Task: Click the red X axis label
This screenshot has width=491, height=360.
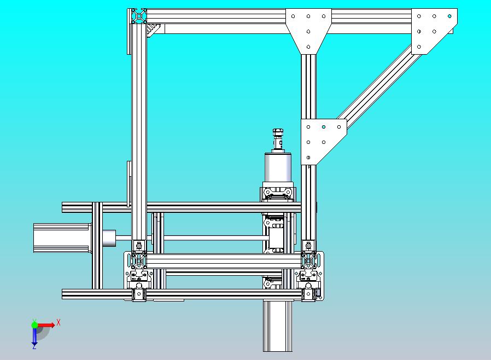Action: click(x=59, y=322)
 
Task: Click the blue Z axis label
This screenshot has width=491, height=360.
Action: click(x=34, y=346)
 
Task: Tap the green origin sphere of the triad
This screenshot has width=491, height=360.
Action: click(x=34, y=325)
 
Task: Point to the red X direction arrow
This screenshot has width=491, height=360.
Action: click(x=46, y=325)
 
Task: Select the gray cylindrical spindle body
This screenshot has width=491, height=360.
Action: click(x=278, y=167)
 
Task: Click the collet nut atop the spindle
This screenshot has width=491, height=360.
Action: click(x=278, y=132)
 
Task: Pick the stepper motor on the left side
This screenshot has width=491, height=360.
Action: click(x=62, y=238)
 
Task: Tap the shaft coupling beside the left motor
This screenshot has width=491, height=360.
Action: click(x=109, y=238)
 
